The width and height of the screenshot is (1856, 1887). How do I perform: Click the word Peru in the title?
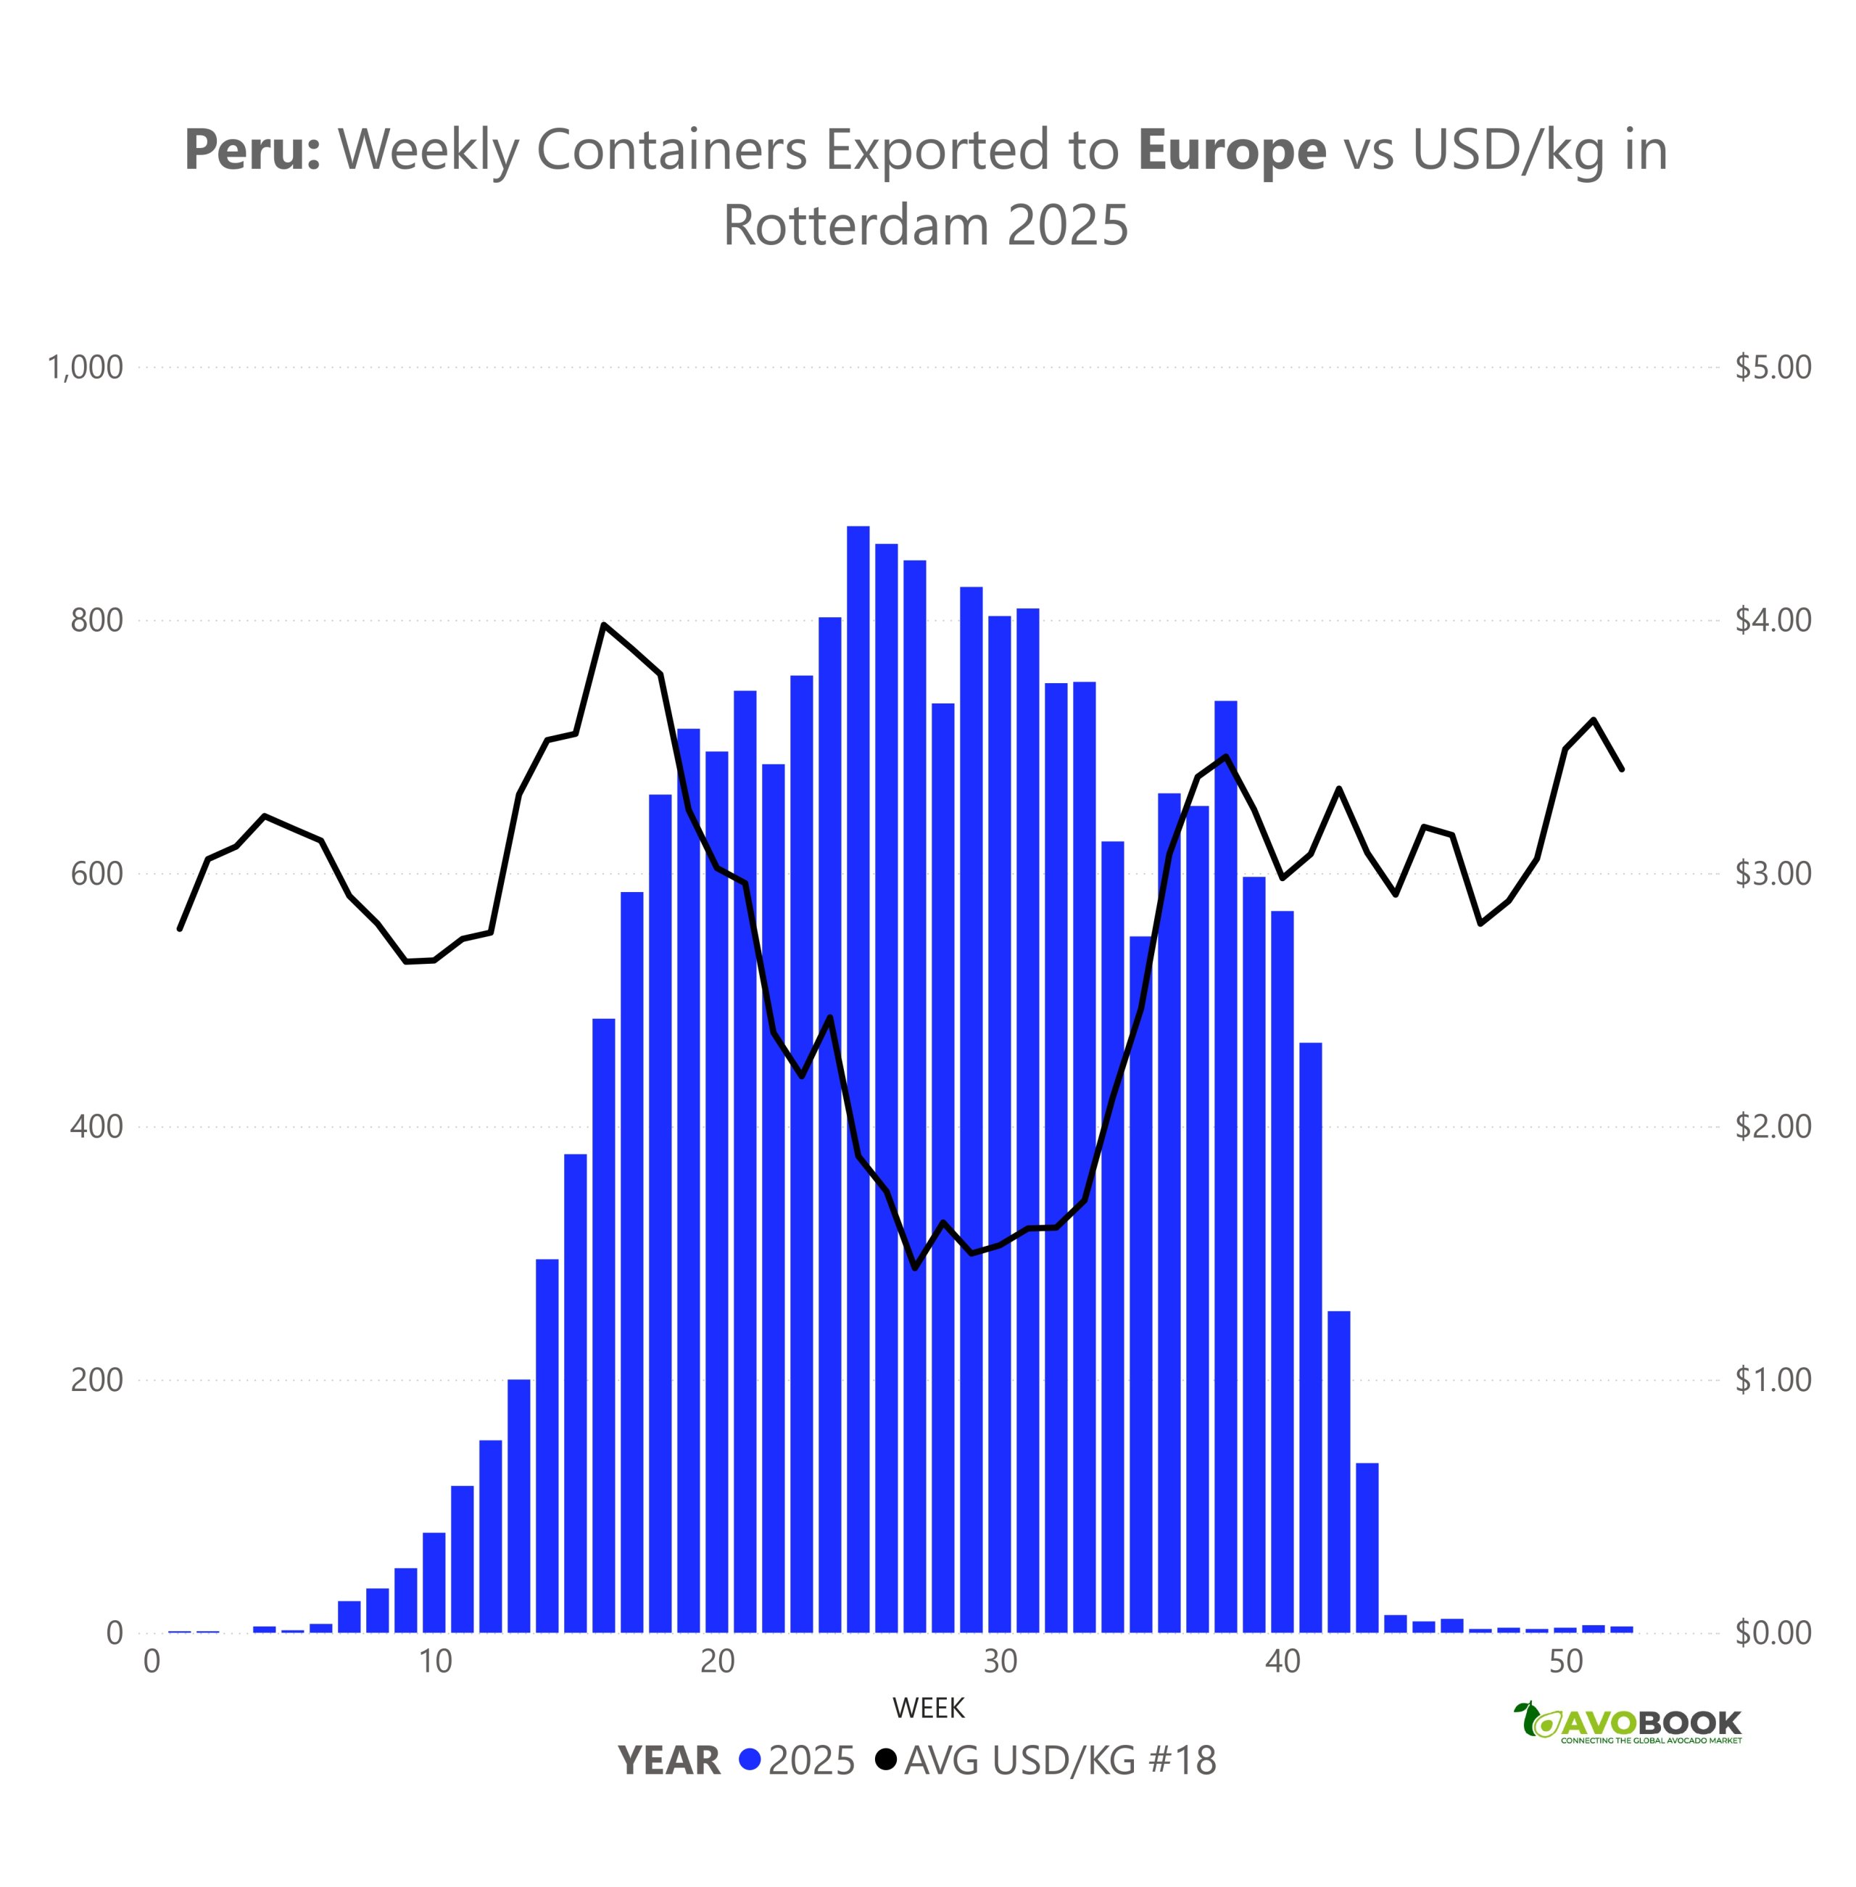[252, 150]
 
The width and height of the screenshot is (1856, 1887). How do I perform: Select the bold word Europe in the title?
[1231, 150]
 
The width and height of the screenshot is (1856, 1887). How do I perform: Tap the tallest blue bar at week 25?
[858, 1078]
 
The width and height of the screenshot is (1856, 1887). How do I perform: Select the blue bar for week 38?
[1225, 1165]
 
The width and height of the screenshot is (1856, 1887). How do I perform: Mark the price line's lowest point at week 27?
[914, 1268]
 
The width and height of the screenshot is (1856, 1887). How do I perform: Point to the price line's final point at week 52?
[1621, 769]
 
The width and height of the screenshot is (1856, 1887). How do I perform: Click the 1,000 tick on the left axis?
[86, 368]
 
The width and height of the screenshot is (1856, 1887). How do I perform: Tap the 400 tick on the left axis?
[96, 1126]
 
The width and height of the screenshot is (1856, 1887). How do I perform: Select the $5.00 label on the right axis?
[1772, 368]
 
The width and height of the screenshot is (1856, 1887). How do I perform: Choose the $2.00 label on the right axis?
[1772, 1126]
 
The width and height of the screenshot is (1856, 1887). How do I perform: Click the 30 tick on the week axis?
[999, 1661]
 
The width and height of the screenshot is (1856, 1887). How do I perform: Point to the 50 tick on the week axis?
[1565, 1661]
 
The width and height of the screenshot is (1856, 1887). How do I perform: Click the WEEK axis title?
[928, 1709]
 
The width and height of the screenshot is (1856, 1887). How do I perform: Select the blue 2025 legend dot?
[749, 1760]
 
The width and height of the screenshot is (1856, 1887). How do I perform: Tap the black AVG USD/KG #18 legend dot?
[885, 1760]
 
